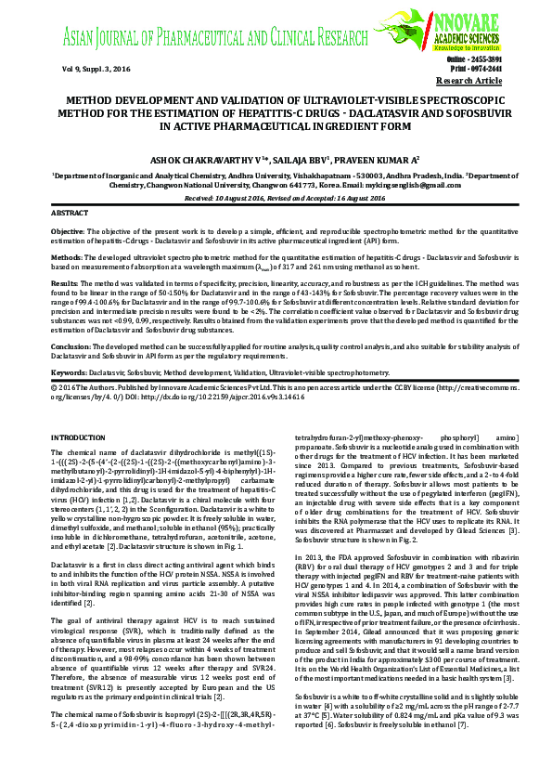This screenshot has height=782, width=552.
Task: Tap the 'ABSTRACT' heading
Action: click(71, 213)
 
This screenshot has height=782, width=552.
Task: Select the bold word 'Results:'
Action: click(65, 281)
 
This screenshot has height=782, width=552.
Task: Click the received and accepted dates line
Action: click(276, 198)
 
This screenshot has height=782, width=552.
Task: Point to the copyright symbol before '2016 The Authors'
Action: click(54, 384)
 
